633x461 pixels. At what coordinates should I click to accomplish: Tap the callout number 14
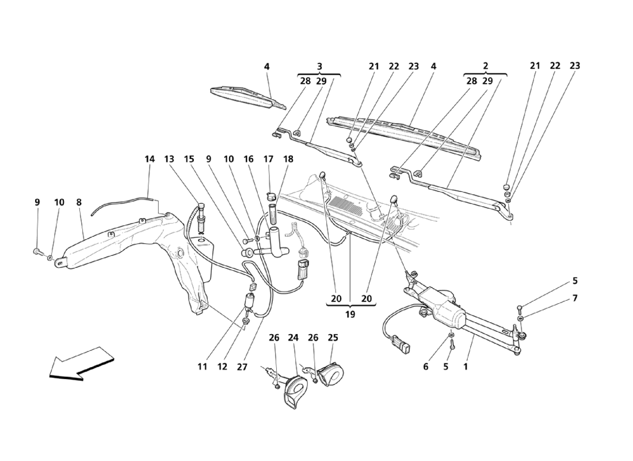click(150, 158)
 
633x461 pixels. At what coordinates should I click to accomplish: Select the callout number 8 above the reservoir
click(79, 202)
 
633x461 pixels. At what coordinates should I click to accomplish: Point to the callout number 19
click(350, 315)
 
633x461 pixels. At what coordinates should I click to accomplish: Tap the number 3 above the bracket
click(319, 66)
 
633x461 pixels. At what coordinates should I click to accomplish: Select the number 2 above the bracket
click(486, 66)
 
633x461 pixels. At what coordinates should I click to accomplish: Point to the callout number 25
click(334, 338)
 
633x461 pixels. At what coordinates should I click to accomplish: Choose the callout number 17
click(269, 158)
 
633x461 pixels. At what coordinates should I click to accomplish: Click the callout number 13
click(169, 158)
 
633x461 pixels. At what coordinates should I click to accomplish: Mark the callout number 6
click(426, 365)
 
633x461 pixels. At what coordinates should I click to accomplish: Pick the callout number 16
click(249, 158)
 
